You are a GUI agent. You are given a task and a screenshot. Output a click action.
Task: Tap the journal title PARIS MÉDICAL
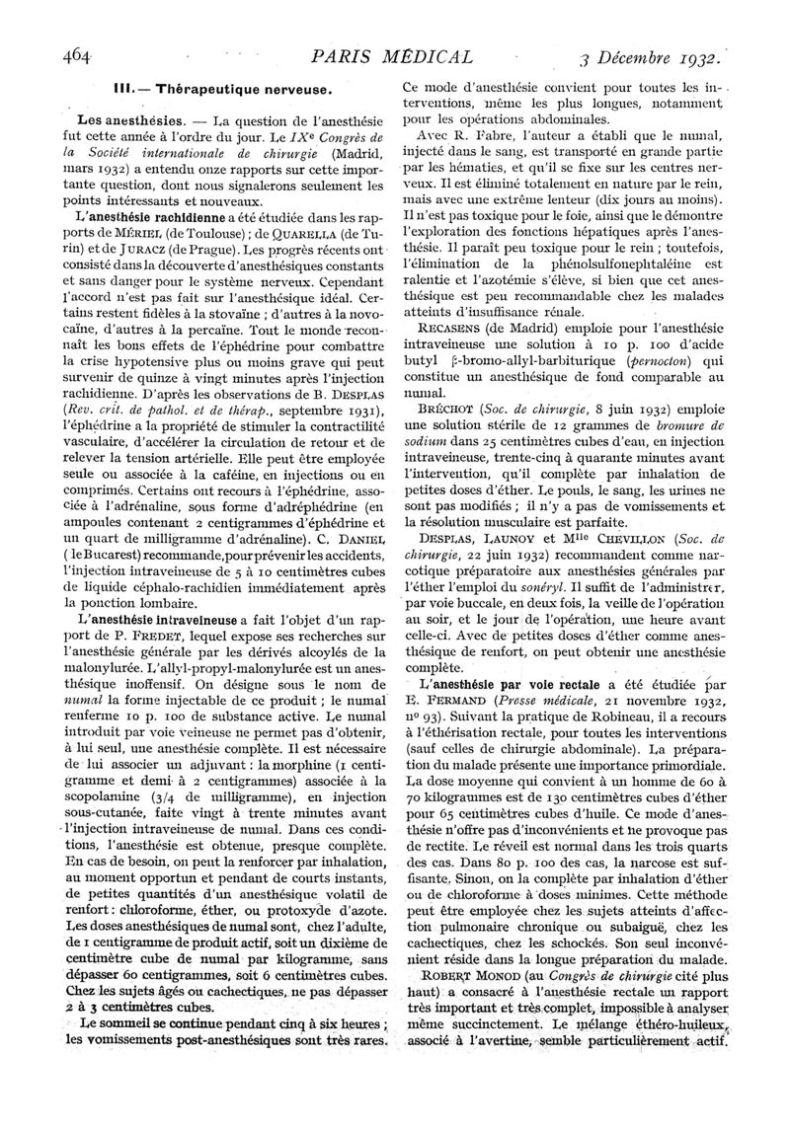pyautogui.click(x=391, y=56)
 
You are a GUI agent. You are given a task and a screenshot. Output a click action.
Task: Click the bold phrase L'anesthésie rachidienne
pyautogui.click(x=130, y=216)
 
